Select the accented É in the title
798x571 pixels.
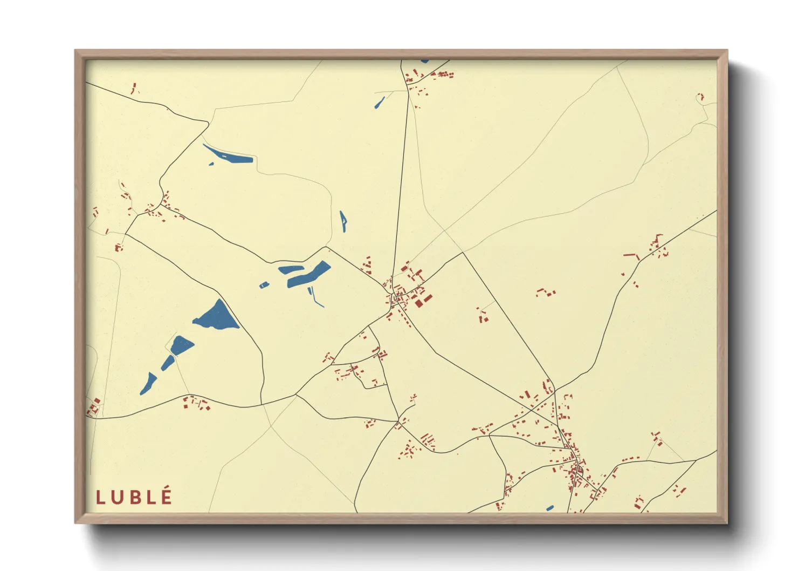coord(167,496)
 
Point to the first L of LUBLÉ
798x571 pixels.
coord(100,497)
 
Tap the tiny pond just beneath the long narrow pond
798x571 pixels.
coord(211,164)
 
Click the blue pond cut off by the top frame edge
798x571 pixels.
coord(425,61)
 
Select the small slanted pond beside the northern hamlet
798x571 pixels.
coord(380,102)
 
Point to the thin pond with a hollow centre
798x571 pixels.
coord(343,221)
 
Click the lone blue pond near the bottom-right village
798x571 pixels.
coord(549,508)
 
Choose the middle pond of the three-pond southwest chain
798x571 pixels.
coord(168,363)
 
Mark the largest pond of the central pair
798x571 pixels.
coord(308,275)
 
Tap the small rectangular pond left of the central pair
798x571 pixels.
coord(264,284)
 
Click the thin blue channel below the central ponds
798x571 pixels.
coord(315,297)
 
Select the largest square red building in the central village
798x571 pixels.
coord(418,303)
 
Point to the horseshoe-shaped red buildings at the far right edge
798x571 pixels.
coord(700,97)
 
